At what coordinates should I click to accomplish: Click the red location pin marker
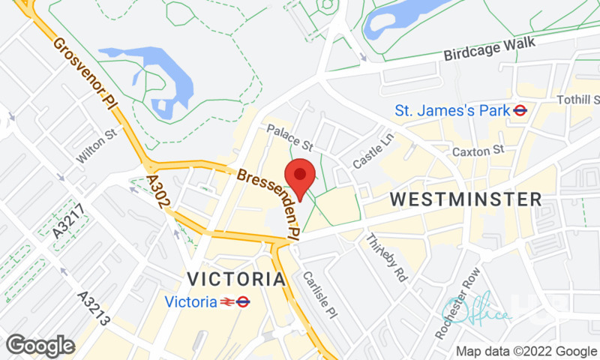301,177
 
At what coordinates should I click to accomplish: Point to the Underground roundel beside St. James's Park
519,110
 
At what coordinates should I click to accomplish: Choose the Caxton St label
477,151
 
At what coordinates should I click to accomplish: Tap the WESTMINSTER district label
466,199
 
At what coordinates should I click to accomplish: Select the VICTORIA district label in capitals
236,279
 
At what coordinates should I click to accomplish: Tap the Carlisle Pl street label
317,293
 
